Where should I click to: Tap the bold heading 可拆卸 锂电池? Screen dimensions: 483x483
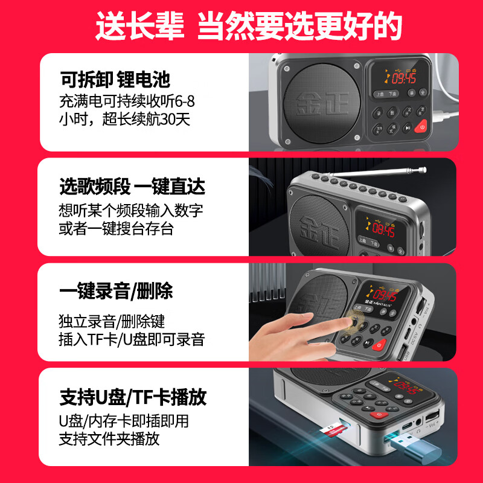tap(115, 79)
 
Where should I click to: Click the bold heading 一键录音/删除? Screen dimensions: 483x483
tap(116, 292)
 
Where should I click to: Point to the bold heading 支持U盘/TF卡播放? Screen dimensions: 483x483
tap(133, 397)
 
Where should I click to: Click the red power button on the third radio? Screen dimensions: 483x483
tap(379, 345)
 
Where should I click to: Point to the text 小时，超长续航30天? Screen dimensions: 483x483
tap(125, 119)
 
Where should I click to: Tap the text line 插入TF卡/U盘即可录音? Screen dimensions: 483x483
tap(132, 339)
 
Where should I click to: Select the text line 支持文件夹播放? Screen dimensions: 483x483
tap(109, 439)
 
